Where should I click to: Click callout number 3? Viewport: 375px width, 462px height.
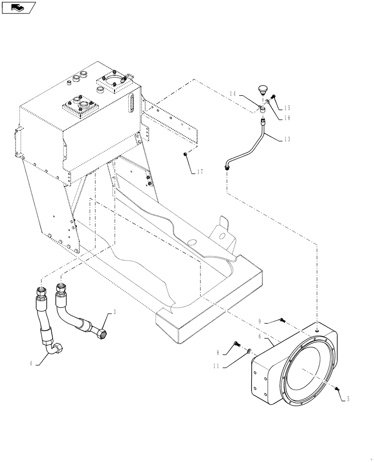pyautogui.click(x=115, y=312)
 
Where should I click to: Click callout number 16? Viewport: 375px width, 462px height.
pyautogui.click(x=287, y=118)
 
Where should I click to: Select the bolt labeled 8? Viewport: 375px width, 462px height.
pyautogui.click(x=237, y=344)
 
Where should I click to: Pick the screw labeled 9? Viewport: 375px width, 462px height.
pyautogui.click(x=283, y=320)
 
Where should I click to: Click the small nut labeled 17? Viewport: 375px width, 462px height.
pyautogui.click(x=185, y=154)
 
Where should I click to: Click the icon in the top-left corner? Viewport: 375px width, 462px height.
pyautogui.click(x=18, y=7)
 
